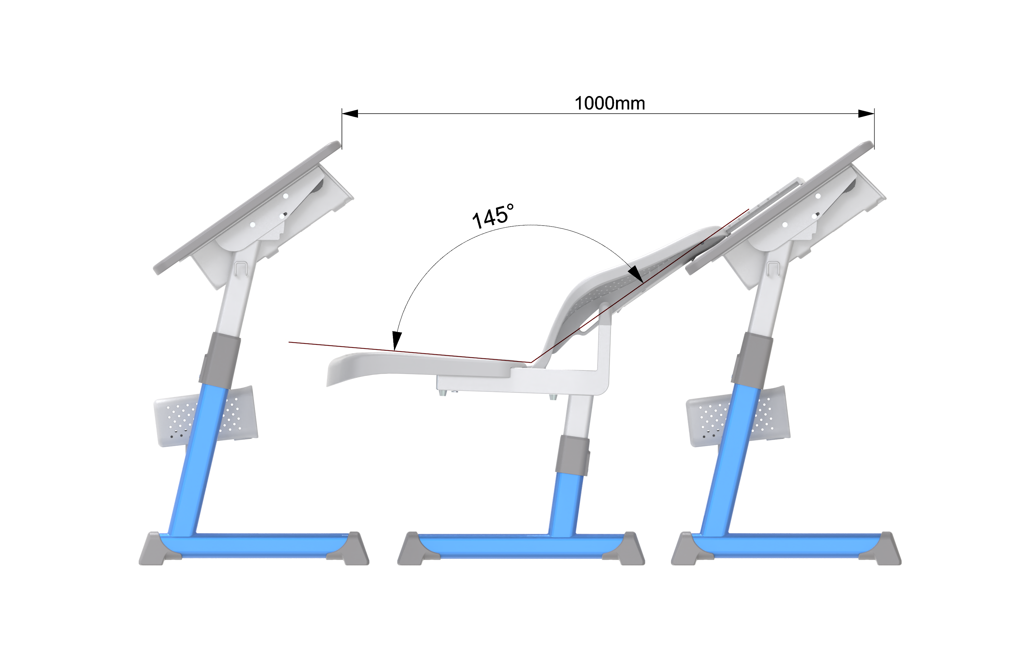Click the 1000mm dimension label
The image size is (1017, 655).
(610, 103)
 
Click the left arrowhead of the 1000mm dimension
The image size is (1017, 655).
(350, 114)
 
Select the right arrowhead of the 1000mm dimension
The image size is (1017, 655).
(866, 114)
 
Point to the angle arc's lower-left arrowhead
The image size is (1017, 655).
(397, 341)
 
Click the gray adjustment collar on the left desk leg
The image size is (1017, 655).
(220, 361)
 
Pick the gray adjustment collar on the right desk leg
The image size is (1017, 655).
(752, 361)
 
